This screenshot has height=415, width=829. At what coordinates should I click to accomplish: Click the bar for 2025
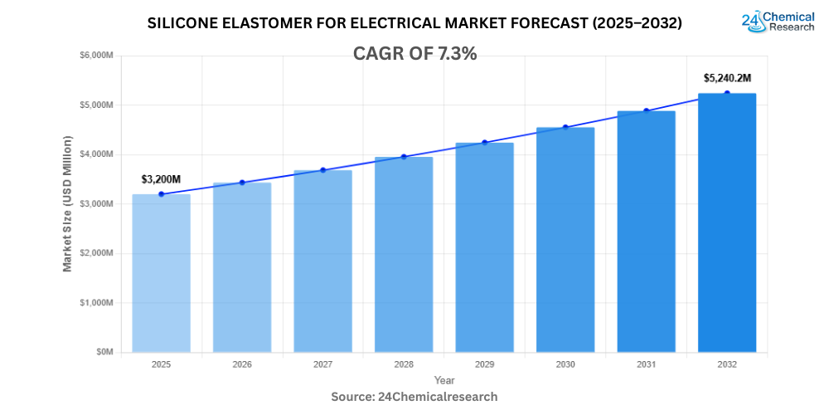(x=161, y=273)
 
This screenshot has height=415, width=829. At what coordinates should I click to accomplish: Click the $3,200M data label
(x=161, y=179)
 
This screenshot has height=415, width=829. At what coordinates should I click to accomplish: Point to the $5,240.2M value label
(x=727, y=78)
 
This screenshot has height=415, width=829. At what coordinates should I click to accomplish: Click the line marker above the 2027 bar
(x=322, y=170)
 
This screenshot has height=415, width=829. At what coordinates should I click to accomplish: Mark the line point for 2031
(x=647, y=110)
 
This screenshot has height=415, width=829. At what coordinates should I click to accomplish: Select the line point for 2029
(x=485, y=142)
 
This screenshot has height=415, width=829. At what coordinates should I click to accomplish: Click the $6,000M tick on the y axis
(x=96, y=56)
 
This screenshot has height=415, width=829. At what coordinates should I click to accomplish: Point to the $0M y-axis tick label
(x=104, y=352)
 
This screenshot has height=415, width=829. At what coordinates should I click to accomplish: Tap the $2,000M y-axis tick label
(x=96, y=253)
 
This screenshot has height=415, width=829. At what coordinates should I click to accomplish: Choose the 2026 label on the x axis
(x=242, y=364)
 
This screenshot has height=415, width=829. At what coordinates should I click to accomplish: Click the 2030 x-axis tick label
(x=565, y=364)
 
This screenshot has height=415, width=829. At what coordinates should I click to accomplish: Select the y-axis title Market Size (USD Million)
(x=67, y=204)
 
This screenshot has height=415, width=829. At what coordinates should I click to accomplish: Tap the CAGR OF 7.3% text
(x=414, y=53)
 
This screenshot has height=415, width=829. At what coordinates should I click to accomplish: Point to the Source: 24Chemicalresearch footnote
(x=414, y=397)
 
